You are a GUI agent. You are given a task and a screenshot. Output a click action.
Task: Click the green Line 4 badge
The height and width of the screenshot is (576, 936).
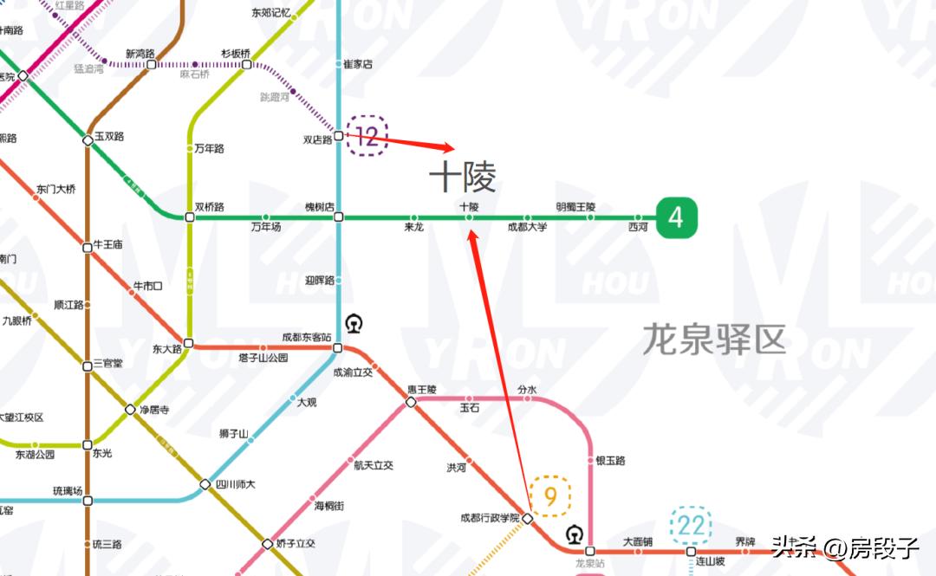click(x=676, y=217)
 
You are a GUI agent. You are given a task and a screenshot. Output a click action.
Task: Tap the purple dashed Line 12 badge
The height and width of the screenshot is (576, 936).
click(x=367, y=136)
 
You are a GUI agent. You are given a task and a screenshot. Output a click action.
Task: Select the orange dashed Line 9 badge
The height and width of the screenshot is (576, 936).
click(x=550, y=496)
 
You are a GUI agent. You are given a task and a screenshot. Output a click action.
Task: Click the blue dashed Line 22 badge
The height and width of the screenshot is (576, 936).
click(x=691, y=525)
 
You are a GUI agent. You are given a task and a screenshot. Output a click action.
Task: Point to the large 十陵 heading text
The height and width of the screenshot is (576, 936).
click(x=463, y=178)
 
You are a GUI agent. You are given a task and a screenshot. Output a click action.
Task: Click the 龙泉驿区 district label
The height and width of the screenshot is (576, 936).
click(x=713, y=339)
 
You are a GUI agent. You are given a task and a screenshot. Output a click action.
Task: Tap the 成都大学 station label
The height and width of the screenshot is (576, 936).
click(x=527, y=228)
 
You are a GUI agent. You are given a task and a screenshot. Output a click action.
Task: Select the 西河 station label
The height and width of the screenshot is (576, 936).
click(x=638, y=228)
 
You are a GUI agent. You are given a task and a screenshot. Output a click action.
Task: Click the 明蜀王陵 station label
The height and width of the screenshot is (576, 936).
click(x=588, y=207)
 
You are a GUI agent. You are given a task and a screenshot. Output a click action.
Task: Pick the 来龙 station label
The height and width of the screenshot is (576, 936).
click(x=414, y=228)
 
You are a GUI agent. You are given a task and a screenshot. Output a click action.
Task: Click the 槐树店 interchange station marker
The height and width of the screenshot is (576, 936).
click(x=339, y=217)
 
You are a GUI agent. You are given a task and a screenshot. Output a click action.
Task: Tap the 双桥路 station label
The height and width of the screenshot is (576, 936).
click(x=210, y=207)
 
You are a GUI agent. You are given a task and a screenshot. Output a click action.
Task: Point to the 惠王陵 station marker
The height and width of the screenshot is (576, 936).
click(x=412, y=401)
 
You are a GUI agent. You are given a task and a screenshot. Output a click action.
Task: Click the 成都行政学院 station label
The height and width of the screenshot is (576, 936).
click(x=490, y=518)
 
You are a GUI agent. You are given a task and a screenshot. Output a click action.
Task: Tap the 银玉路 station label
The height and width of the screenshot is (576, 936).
click(x=610, y=461)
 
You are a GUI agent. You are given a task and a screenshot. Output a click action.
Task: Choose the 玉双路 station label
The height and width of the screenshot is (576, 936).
click(x=109, y=136)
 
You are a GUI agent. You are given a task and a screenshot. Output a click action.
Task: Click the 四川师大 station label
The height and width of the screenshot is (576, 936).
click(x=235, y=484)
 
